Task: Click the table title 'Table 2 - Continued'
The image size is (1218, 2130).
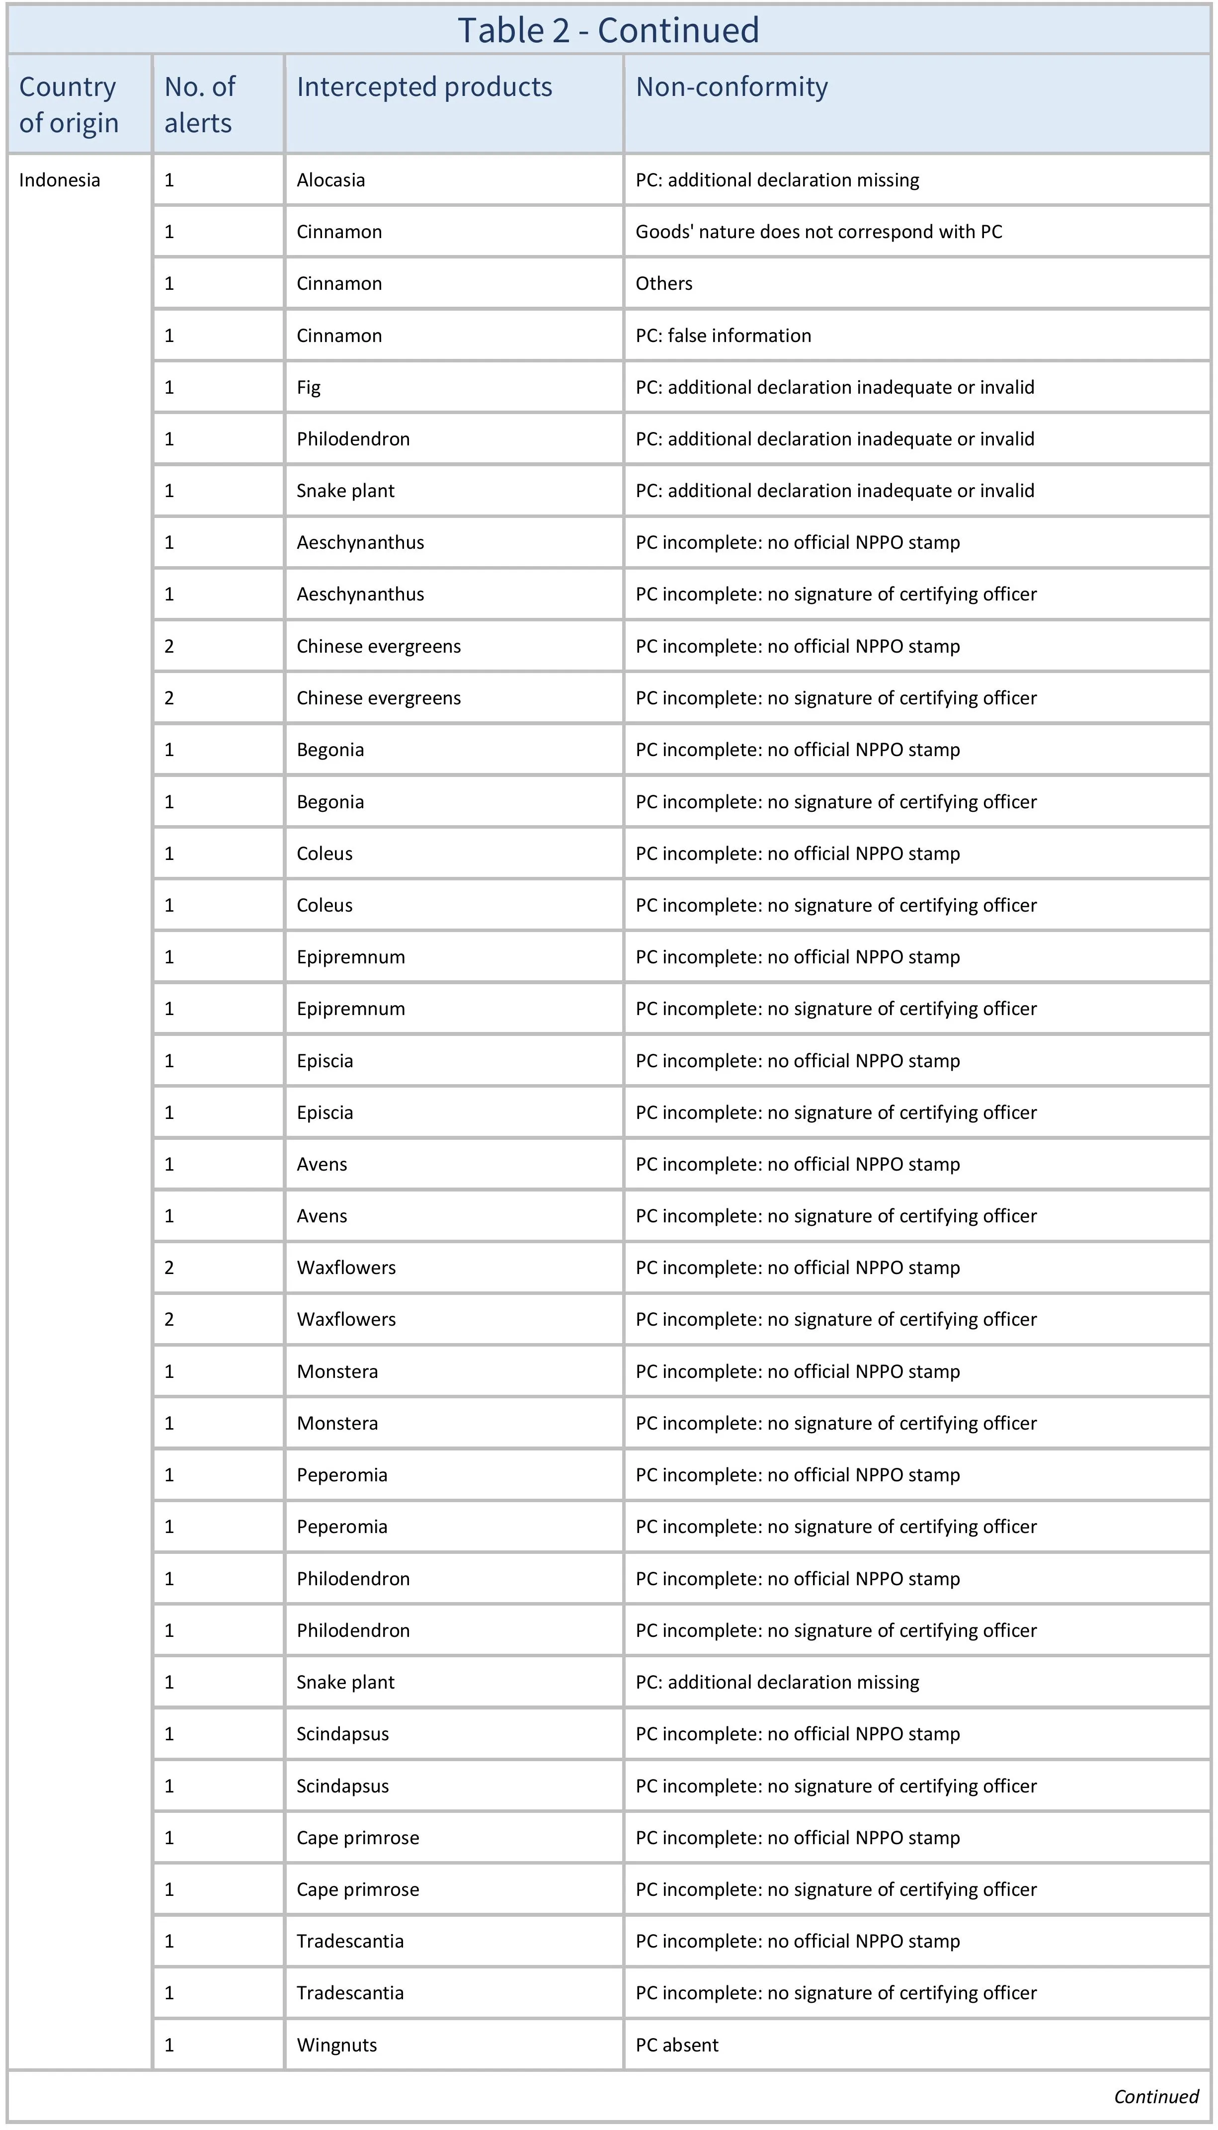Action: pos(608,30)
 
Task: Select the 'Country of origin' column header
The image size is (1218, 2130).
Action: pos(69,104)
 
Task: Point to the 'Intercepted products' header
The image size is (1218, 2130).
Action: pos(424,87)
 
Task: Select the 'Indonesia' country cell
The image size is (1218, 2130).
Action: pos(60,180)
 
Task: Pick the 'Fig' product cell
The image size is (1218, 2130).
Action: pos(309,387)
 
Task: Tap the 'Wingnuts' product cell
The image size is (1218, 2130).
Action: pos(336,2045)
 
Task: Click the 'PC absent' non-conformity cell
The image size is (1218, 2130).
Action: pos(677,2045)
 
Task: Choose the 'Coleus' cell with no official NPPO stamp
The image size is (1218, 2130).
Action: pos(325,853)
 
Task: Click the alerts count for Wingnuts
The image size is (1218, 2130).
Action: pos(169,2045)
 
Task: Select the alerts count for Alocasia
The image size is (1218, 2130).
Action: pos(169,180)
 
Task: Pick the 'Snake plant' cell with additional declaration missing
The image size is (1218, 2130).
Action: pos(345,1682)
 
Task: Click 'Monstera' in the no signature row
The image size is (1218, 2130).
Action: pos(337,1423)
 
